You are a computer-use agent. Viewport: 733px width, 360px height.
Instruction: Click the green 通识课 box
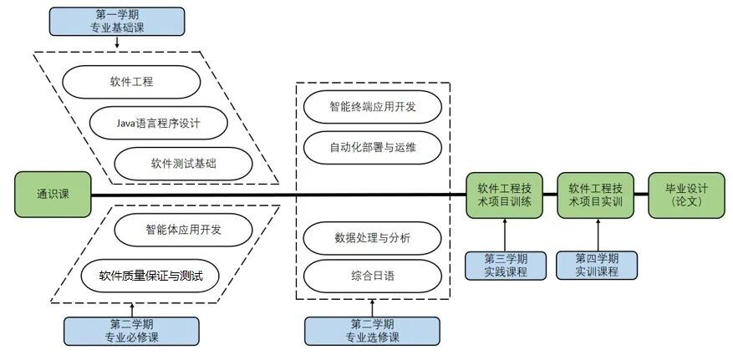coord(53,195)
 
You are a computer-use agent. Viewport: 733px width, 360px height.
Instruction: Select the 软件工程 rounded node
coord(131,82)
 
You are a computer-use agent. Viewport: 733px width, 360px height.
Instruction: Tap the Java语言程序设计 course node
coord(159,123)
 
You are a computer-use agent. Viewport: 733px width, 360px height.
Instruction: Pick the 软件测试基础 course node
coord(183,164)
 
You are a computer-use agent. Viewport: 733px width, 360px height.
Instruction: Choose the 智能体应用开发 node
coord(183,230)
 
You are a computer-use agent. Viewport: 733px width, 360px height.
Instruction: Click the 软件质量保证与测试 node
coord(150,276)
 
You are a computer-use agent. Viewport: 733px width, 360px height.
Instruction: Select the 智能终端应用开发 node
coord(373,107)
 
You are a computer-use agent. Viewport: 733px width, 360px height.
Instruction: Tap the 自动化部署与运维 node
coord(373,148)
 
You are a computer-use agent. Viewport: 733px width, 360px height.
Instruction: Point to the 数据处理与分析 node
coord(373,238)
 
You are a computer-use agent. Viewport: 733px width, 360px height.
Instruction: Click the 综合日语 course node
coord(373,276)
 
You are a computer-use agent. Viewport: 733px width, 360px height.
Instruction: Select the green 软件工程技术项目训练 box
coord(504,195)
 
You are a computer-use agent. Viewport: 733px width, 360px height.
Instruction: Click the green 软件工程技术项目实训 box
coord(596,195)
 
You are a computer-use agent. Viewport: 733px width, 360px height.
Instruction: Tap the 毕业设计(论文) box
coord(687,195)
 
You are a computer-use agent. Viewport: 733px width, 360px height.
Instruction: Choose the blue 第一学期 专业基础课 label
coord(117,22)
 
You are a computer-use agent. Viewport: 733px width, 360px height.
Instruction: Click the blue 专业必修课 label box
coord(131,331)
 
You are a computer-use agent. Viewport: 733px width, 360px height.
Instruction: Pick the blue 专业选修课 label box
coord(372,331)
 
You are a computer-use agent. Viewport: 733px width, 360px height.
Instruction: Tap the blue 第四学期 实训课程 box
coord(597,266)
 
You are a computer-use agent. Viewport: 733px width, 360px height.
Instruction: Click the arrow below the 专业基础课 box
coord(117,42)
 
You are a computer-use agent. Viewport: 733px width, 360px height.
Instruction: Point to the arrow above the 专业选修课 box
coord(373,308)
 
